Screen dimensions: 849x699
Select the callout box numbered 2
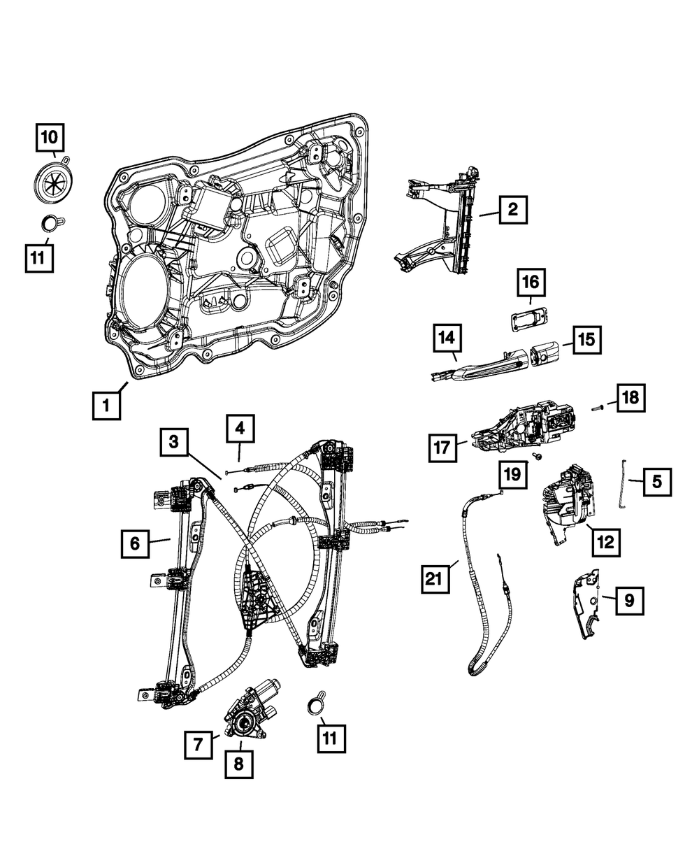tap(513, 209)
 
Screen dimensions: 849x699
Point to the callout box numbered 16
tap(531, 283)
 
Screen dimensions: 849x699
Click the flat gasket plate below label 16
tap(526, 319)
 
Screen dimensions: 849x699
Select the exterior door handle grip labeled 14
tap(482, 366)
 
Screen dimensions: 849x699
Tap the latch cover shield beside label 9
tap(588, 604)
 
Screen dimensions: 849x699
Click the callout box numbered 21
tap(435, 579)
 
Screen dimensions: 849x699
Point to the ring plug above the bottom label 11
tap(316, 705)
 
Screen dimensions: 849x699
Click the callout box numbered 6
tap(135, 543)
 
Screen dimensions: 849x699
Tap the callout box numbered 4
tap(240, 429)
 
